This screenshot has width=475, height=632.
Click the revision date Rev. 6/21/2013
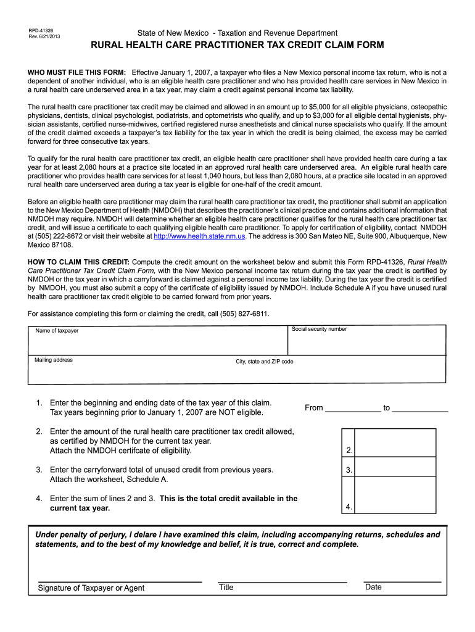pyautogui.click(x=44, y=36)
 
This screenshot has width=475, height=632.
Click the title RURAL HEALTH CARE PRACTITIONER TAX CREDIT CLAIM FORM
pyautogui.click(x=238, y=46)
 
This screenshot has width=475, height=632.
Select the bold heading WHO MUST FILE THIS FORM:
pyautogui.click(x=77, y=73)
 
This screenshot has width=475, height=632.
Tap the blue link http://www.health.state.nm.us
pyautogui.click(x=199, y=236)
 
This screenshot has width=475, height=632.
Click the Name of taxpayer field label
pyautogui.click(x=57, y=331)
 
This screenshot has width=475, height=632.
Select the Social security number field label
pyautogui.click(x=320, y=329)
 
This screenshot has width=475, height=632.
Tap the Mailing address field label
pyautogui.click(x=54, y=360)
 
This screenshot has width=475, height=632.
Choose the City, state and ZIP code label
pyautogui.click(x=265, y=362)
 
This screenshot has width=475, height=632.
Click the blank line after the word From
pyautogui.click(x=353, y=408)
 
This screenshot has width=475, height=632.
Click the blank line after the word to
pyautogui.click(x=420, y=408)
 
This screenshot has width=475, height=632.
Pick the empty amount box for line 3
pyautogui.click(x=395, y=469)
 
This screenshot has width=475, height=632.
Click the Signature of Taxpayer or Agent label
pyautogui.click(x=91, y=588)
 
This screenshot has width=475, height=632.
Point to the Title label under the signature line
pyautogui.click(x=226, y=588)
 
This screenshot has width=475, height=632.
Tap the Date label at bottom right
pyautogui.click(x=373, y=587)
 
